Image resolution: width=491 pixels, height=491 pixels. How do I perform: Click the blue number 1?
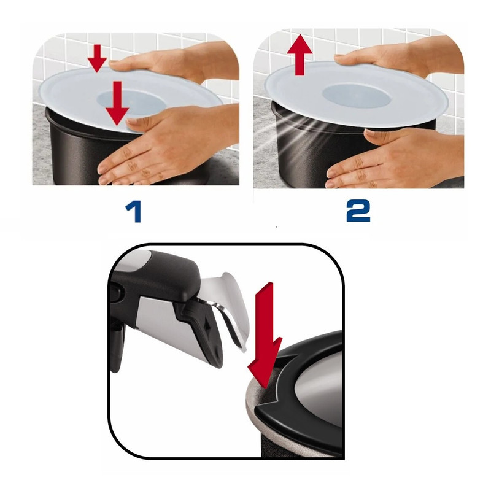click(x=134, y=212)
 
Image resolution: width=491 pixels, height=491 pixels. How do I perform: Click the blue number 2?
click(x=358, y=211)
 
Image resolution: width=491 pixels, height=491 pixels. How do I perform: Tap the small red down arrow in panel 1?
click(x=98, y=58)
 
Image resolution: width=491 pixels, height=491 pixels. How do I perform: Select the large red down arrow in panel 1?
click(x=117, y=103)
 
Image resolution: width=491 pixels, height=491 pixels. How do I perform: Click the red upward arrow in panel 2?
click(x=300, y=55)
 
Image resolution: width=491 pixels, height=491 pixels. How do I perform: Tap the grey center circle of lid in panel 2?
click(x=357, y=95)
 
